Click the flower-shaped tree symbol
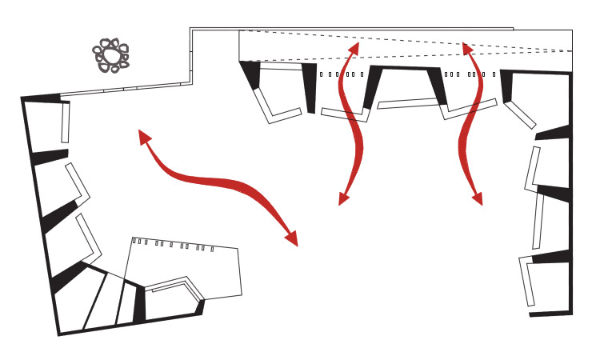tap(110, 55)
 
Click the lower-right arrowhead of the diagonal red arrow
tap(291, 239)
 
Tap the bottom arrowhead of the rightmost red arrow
tap(478, 198)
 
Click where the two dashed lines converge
tap(570, 50)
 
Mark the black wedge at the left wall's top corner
tap(44, 98)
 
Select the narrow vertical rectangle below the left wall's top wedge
tap(65, 123)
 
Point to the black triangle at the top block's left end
tap(253, 74)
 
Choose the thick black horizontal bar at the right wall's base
tap(552, 314)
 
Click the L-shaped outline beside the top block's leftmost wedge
tap(271, 107)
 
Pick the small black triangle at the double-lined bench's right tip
tap(201, 306)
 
